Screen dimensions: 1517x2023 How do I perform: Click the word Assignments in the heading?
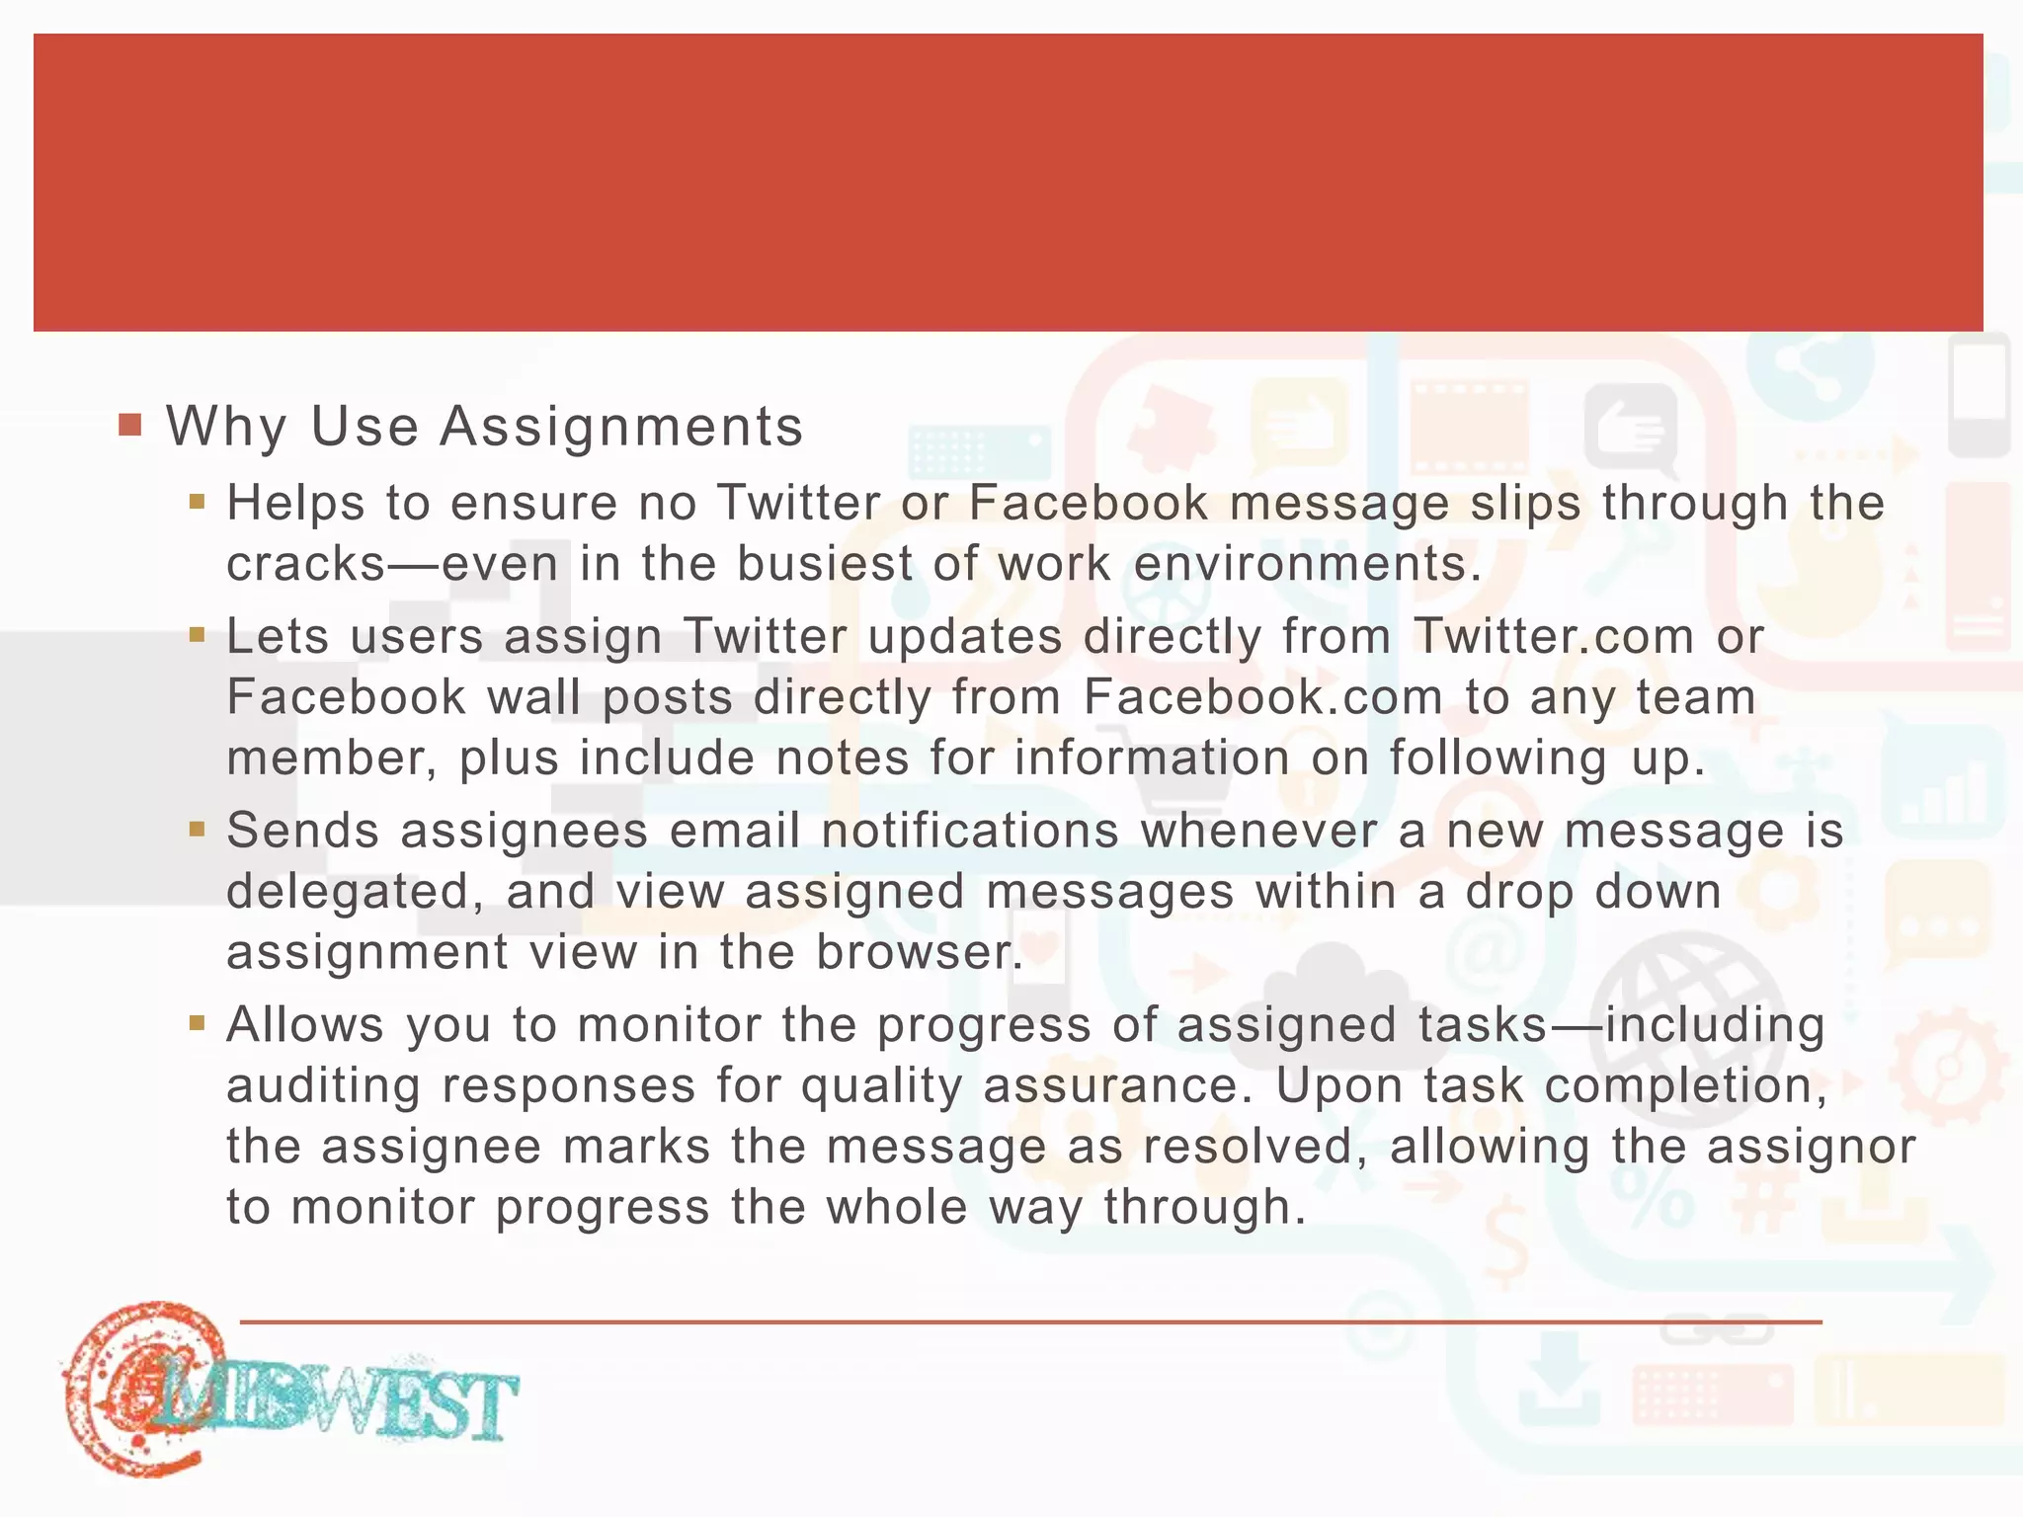(621, 427)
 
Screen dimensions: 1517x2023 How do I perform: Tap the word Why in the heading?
(226, 427)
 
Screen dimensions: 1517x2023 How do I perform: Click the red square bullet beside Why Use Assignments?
(130, 426)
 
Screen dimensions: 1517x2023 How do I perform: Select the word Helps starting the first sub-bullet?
(294, 503)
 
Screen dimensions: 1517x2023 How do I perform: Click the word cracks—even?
(392, 564)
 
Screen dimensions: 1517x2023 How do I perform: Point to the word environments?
(1308, 564)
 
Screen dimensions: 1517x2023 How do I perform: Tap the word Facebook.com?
(1263, 697)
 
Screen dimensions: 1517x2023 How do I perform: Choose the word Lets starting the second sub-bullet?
(278, 636)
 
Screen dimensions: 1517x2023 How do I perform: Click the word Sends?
(303, 831)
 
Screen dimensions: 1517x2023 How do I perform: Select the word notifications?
(970, 831)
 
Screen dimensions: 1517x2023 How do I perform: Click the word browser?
(920, 953)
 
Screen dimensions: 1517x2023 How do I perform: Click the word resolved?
(1255, 1148)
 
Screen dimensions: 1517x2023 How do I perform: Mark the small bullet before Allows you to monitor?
(198, 1023)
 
